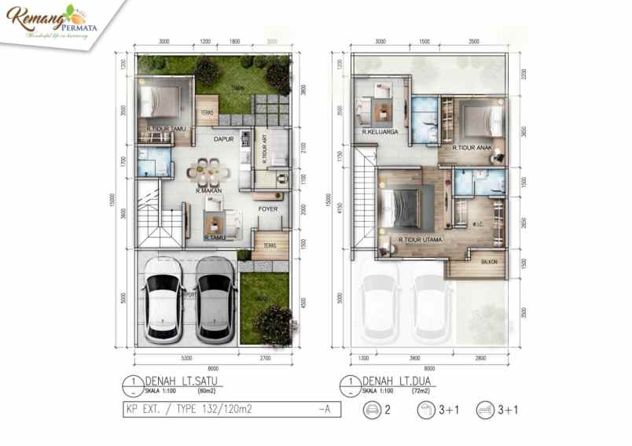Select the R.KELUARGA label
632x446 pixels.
click(x=380, y=133)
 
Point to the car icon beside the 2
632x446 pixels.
click(x=372, y=410)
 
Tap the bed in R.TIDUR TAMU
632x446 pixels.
click(x=163, y=101)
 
